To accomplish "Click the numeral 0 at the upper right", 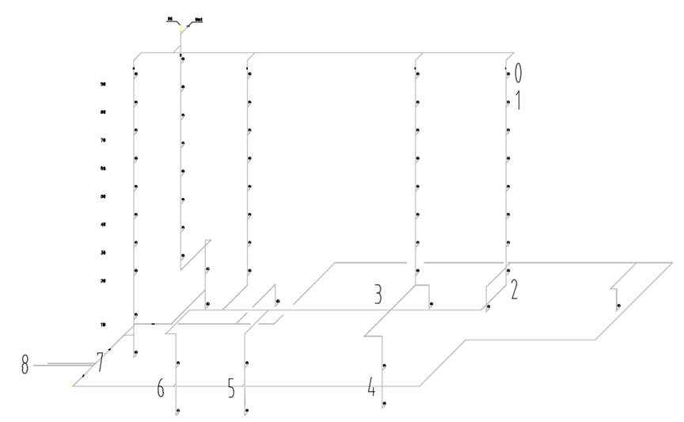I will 519,74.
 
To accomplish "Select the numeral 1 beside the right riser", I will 519,101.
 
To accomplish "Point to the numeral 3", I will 379,295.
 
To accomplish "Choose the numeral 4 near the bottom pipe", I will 371,387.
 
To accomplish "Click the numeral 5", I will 231,388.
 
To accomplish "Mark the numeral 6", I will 161,388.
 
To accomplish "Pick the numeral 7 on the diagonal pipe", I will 100,362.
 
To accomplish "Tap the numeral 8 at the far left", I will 26,365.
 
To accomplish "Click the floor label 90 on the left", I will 103,84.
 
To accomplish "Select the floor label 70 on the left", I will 103,140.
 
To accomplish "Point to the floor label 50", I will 103,196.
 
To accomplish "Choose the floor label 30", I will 103,253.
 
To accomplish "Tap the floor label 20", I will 103,280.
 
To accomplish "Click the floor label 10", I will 103,325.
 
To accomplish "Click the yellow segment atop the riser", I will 180,30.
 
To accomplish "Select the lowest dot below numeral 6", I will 179,410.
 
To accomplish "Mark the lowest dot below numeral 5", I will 249,410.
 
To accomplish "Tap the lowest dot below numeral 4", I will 384,405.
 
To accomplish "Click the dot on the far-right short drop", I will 618,306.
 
